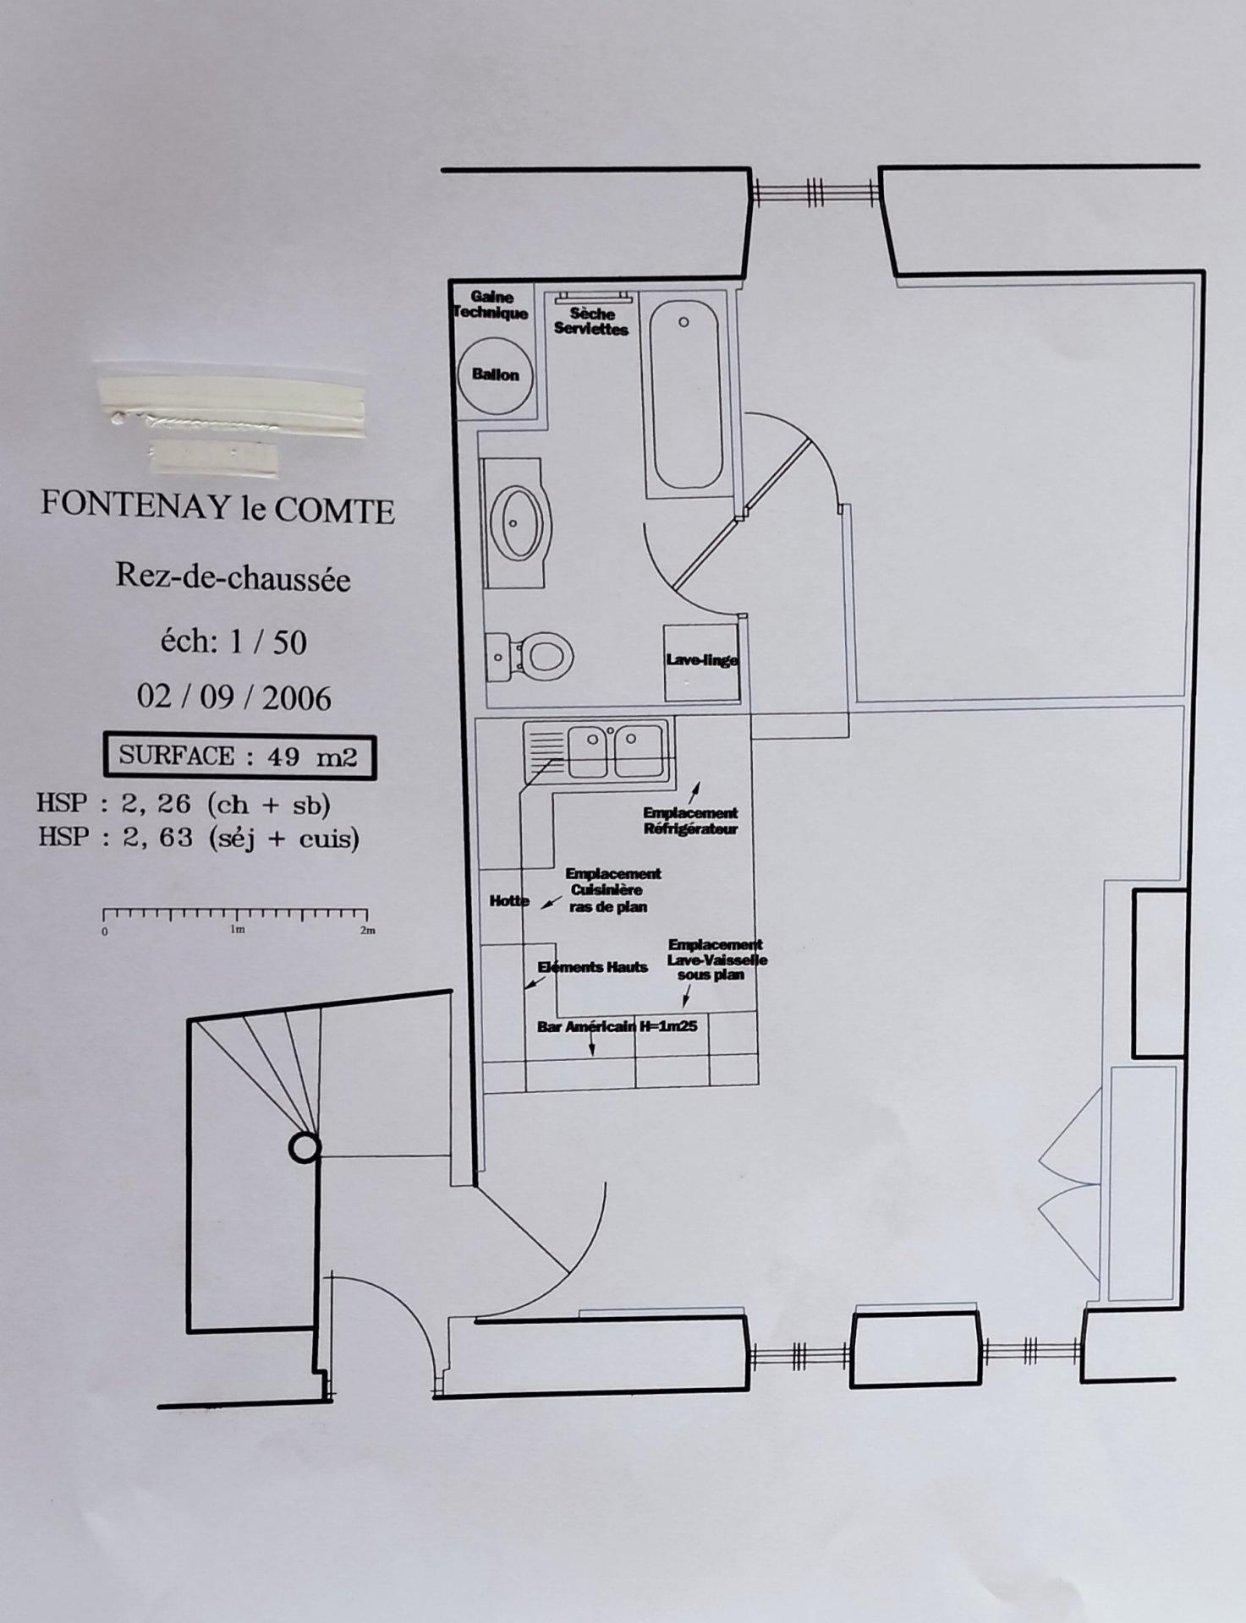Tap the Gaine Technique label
(490, 305)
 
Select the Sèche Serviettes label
(591, 321)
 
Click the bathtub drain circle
(683, 322)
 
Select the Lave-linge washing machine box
(701, 663)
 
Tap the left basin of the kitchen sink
(588, 751)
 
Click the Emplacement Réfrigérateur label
(690, 821)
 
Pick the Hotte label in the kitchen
(509, 901)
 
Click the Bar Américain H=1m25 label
(617, 1027)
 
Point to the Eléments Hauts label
(592, 967)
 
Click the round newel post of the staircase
(305, 1147)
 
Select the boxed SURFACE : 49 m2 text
(239, 756)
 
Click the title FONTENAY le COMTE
(217, 508)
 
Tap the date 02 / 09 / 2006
(233, 697)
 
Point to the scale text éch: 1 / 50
(233, 642)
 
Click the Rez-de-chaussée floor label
(233, 577)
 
